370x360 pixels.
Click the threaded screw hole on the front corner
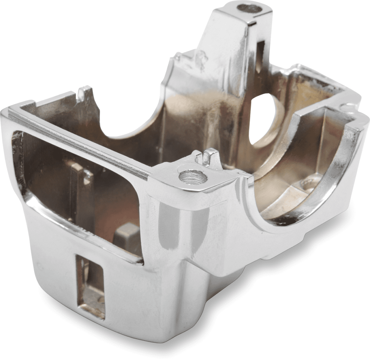pos(193,177)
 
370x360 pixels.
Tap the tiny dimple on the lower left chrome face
pos(41,268)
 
